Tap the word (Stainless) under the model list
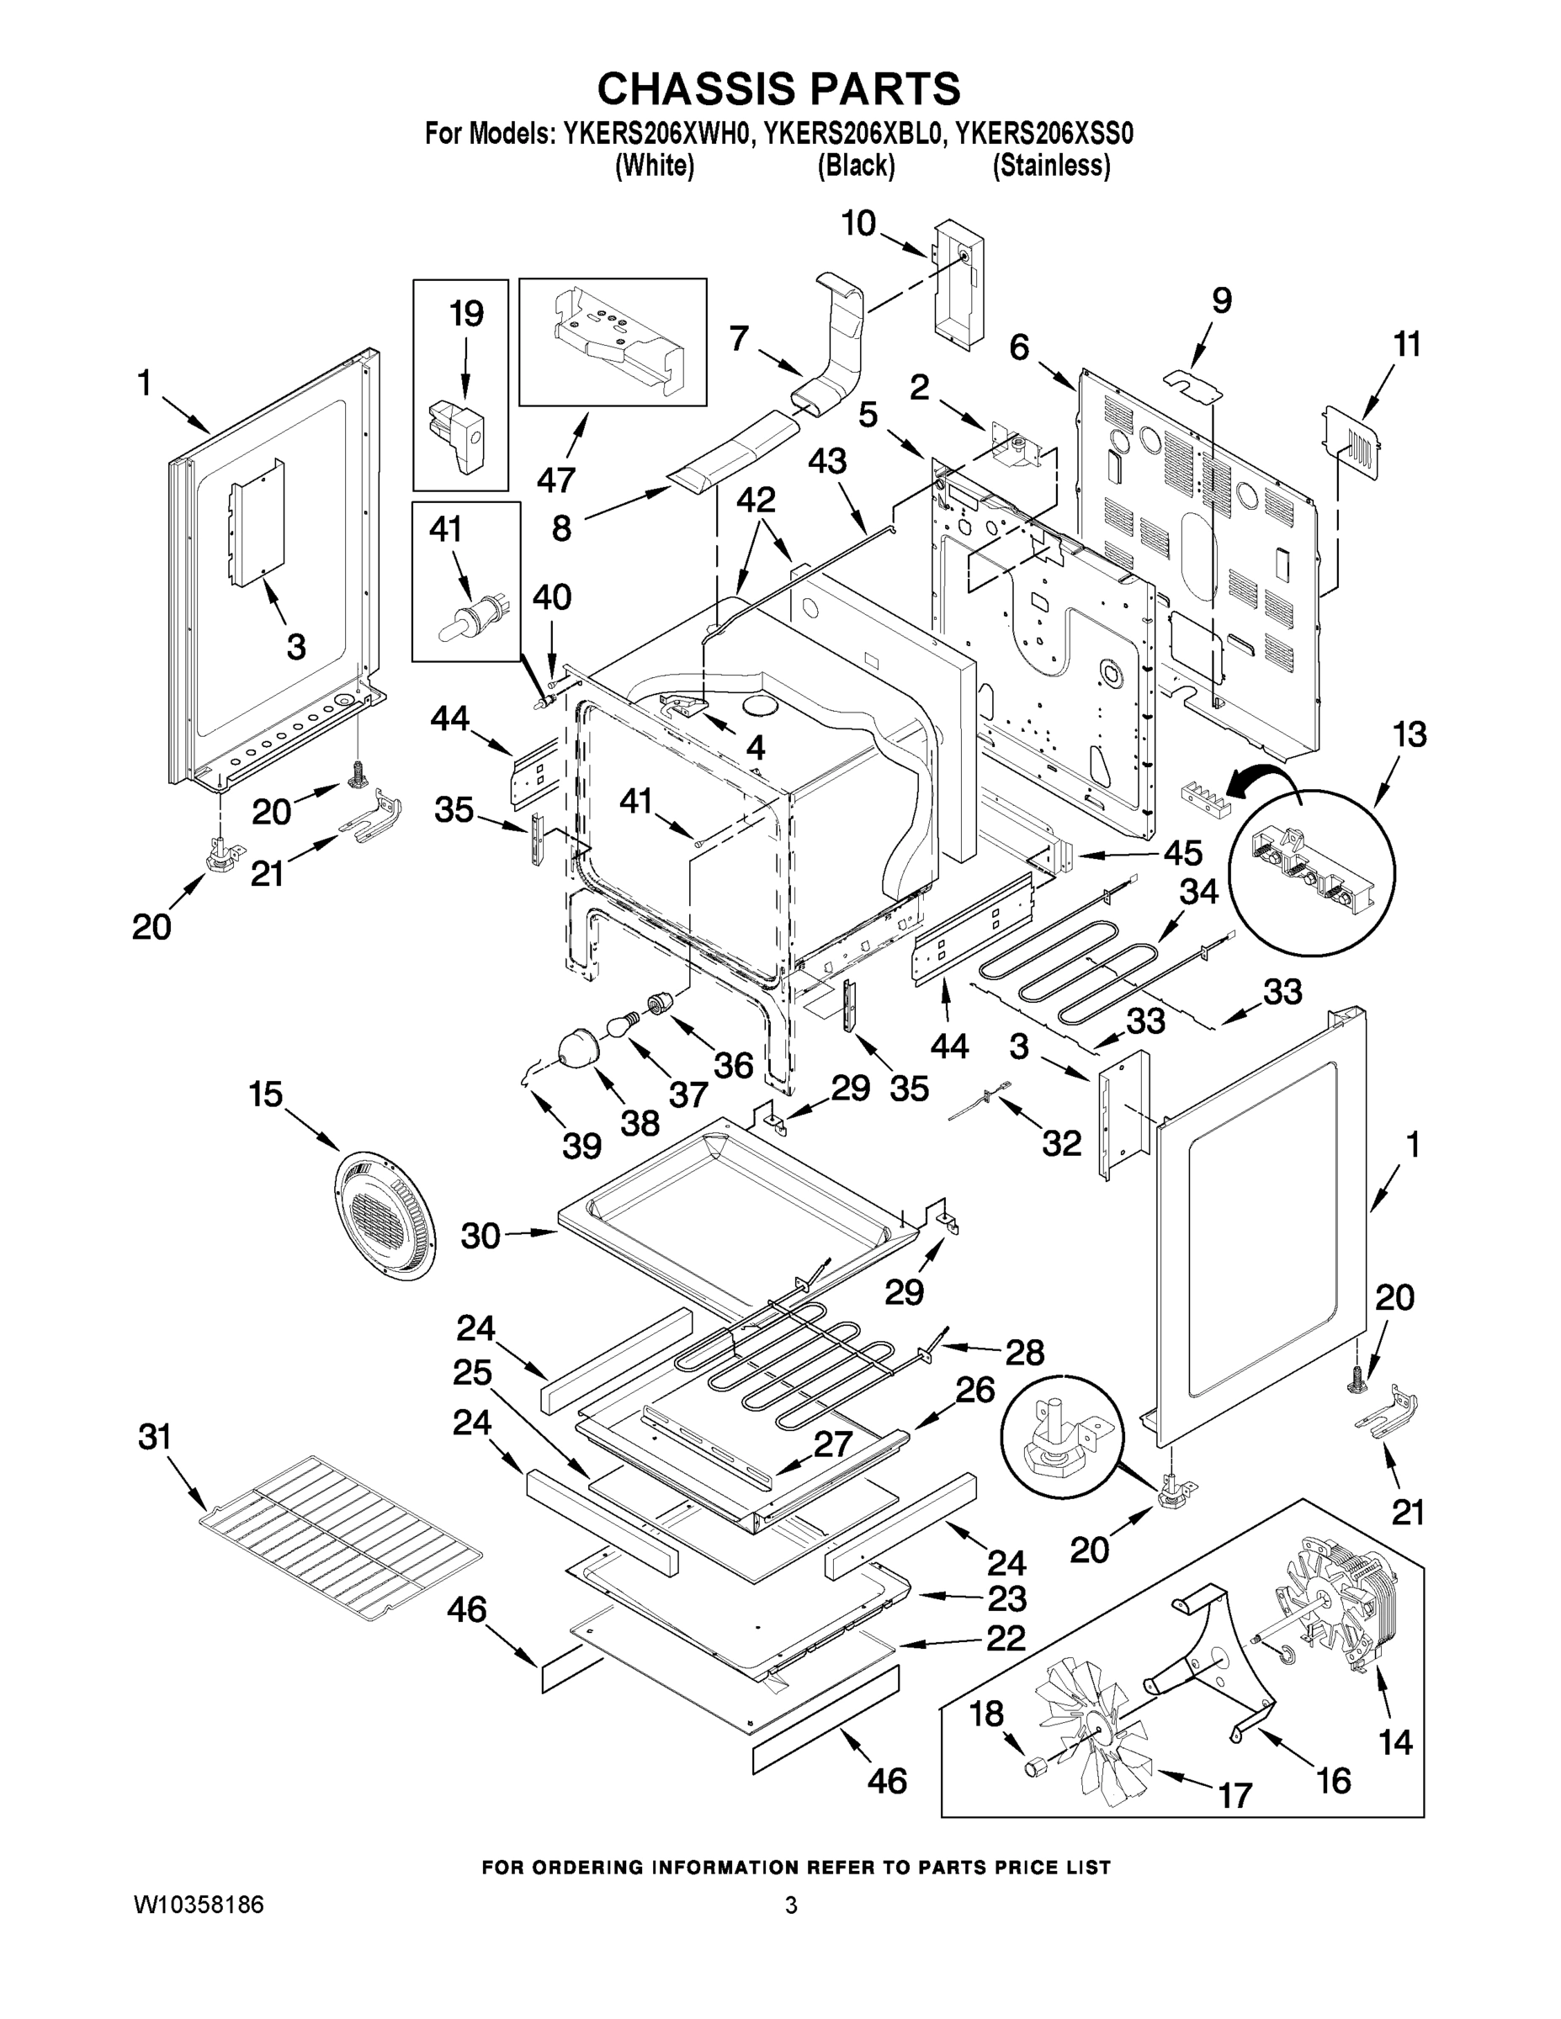(1051, 167)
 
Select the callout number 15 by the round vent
(265, 1094)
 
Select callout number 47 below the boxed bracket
(555, 479)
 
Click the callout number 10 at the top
(858, 224)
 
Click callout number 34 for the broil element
(1198, 892)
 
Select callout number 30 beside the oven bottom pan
(481, 1236)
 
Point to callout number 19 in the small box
(466, 315)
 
